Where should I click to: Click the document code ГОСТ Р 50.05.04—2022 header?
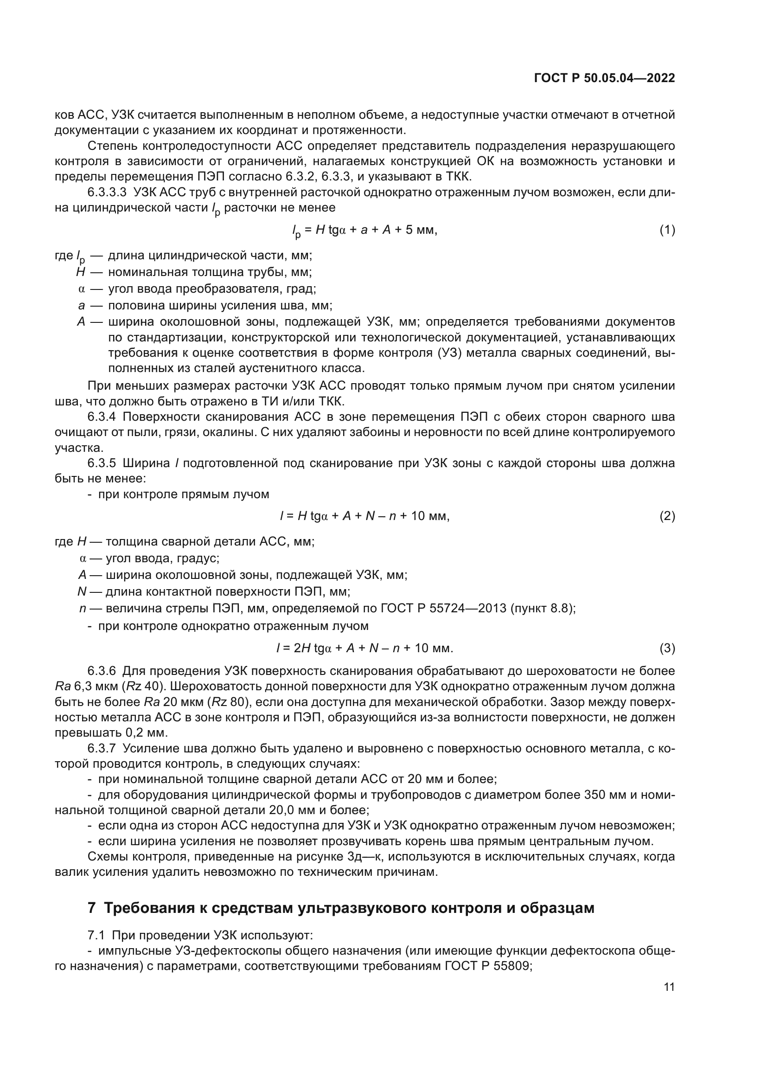click(x=604, y=78)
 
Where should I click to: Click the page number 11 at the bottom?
click(x=669, y=987)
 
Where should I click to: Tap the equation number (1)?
click(x=667, y=230)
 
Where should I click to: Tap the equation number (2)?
click(x=667, y=516)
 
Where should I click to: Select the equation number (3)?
click(x=667, y=648)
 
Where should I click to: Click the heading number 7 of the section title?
click(x=92, y=908)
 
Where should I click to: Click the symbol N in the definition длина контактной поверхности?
click(x=82, y=591)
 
